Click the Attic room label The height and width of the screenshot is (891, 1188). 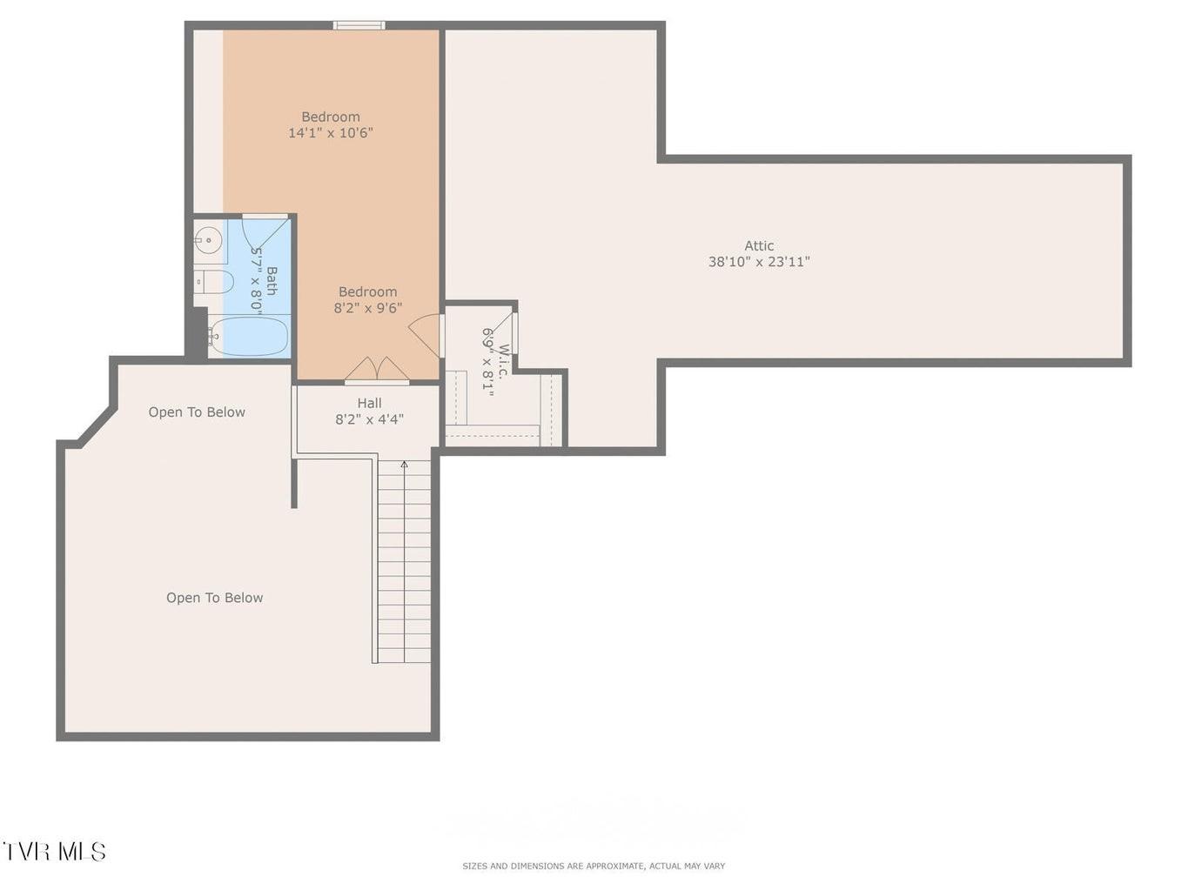[x=758, y=245]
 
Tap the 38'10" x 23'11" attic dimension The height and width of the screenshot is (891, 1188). [x=759, y=262]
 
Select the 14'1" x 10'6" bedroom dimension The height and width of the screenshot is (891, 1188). [x=330, y=132]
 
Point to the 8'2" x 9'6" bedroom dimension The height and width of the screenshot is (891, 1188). [x=367, y=308]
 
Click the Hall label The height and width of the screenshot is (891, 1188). [x=369, y=403]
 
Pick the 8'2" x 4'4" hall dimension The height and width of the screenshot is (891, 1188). [x=369, y=419]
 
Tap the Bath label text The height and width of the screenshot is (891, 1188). [x=272, y=281]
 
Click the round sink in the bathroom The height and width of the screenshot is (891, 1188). [x=208, y=239]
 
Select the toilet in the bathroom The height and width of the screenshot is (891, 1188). [x=213, y=282]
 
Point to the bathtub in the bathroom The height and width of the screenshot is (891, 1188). [x=249, y=337]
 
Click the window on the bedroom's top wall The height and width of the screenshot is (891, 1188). [x=359, y=25]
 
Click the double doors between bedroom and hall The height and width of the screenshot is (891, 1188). [x=377, y=370]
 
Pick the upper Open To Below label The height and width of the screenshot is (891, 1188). [x=197, y=412]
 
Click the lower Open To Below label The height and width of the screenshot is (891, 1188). [x=214, y=598]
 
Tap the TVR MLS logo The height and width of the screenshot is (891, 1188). [x=54, y=851]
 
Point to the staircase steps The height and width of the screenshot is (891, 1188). [x=404, y=561]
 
